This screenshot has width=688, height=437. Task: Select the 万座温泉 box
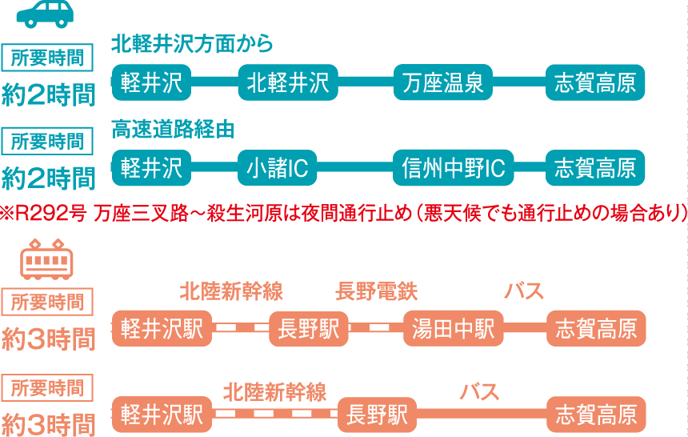click(x=443, y=82)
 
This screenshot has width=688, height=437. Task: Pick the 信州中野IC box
click(x=454, y=167)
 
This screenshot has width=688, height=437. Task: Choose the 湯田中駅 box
click(x=454, y=328)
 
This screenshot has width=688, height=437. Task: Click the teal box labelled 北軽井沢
click(x=288, y=82)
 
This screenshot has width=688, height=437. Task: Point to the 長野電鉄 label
click(x=376, y=291)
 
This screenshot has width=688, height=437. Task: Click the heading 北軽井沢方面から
click(x=192, y=44)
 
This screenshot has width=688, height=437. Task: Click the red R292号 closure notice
click(x=344, y=213)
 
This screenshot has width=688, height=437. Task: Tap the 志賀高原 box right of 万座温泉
click(x=595, y=82)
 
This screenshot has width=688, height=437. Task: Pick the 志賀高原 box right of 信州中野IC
click(x=595, y=167)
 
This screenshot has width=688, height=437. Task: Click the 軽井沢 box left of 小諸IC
click(x=152, y=167)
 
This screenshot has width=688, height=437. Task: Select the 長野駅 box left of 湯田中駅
click(x=308, y=328)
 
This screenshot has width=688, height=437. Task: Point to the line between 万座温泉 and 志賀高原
click(x=519, y=82)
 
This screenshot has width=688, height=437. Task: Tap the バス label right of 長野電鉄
click(x=524, y=291)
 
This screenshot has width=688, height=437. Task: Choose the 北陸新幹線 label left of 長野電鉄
click(x=231, y=291)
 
